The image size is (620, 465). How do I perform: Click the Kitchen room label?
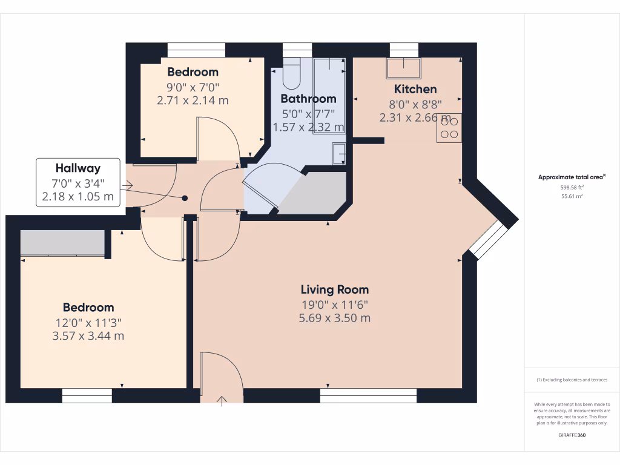pos(415,89)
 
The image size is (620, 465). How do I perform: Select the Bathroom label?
pos(308,99)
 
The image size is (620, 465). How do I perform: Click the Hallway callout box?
pos(78,182)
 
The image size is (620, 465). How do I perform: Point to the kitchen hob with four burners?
pos(449,128)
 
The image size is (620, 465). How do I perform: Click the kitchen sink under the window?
pos(404,68)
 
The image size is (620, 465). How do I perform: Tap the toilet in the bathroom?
pos(292,71)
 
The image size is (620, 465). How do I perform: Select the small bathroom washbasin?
pos(339,154)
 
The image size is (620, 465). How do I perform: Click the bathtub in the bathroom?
pos(329,96)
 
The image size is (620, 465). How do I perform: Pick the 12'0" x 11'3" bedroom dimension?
pos(88,323)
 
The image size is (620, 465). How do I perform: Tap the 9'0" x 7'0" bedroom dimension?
pos(193,87)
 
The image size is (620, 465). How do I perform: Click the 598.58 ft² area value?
pos(572,188)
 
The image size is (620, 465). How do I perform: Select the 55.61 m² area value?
pos(572,197)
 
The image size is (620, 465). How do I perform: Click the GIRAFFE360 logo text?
pos(572,435)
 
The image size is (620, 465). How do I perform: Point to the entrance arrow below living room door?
pos(222,400)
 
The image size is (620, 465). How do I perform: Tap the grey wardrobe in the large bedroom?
pos(62,243)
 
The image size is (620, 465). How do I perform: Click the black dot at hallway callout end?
pos(185,198)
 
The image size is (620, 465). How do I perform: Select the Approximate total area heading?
pos(571,177)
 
